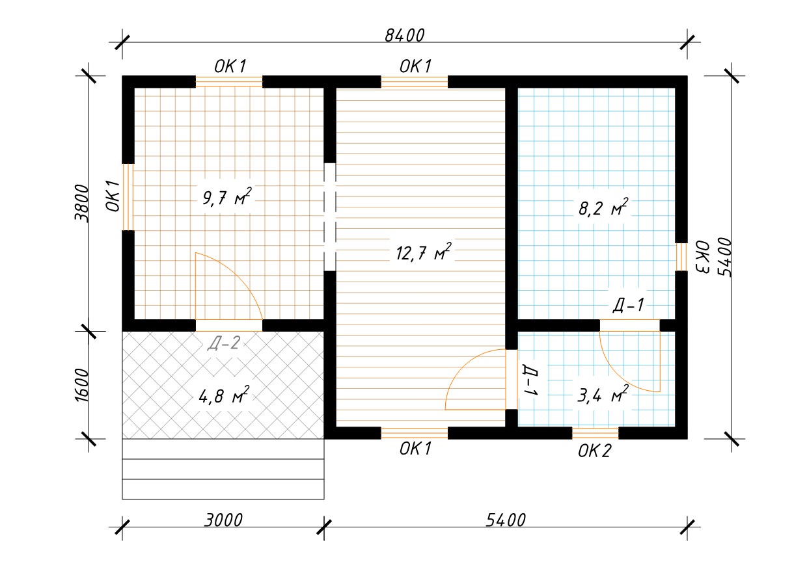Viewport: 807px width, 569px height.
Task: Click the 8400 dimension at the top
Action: click(404, 35)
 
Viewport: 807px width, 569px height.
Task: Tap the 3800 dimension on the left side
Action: click(81, 204)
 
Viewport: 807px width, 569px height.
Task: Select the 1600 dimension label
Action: click(81, 385)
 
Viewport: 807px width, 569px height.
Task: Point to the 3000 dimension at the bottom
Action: click(223, 520)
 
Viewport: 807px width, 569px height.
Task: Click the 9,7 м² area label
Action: click(226, 197)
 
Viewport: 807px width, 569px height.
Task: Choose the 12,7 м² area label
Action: click(423, 252)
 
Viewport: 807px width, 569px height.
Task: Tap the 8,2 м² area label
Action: click(603, 207)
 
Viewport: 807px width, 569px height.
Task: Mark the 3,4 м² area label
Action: click(603, 395)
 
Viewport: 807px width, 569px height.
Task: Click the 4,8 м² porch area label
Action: click(224, 396)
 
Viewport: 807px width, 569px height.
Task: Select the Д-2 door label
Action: click(224, 343)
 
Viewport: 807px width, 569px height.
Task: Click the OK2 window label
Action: click(595, 451)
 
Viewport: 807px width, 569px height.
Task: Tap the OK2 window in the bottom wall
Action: click(595, 433)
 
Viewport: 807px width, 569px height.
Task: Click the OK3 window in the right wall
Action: click(681, 257)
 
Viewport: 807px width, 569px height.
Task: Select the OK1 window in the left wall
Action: click(128, 197)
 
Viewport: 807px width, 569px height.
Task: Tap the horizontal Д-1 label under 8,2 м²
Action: click(628, 305)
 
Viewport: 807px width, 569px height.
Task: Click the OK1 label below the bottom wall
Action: click(415, 449)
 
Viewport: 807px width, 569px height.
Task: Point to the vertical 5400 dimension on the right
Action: click(725, 258)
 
